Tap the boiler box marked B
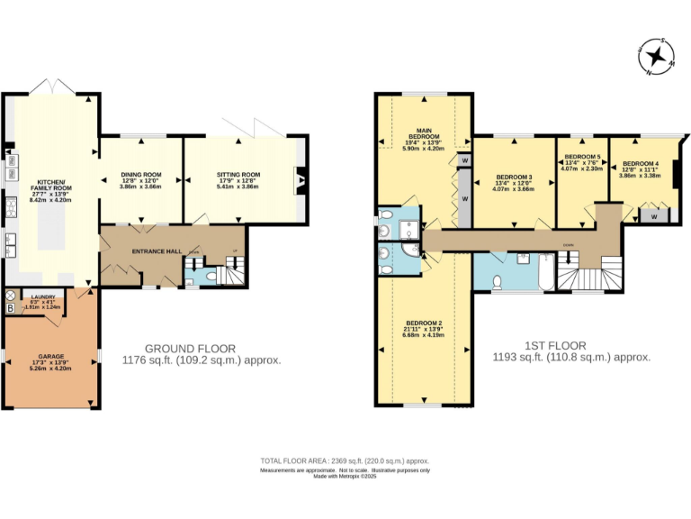[10, 308]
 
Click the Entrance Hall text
[152, 251]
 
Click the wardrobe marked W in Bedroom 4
[652, 217]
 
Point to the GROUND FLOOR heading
[191, 348]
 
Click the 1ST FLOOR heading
[555, 345]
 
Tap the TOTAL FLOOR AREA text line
[345, 460]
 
